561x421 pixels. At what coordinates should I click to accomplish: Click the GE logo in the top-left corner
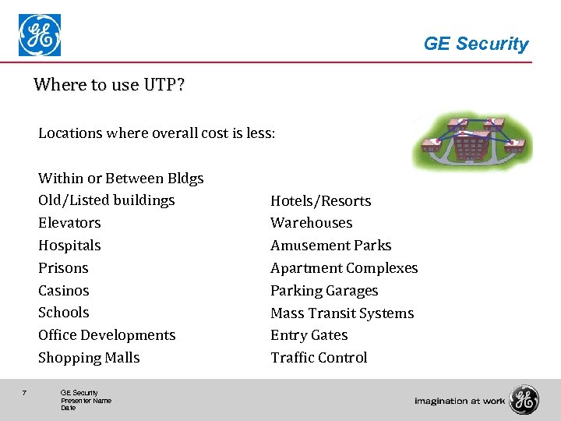point(40,36)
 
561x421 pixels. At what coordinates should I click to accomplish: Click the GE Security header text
point(475,44)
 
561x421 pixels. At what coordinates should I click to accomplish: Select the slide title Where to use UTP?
point(109,84)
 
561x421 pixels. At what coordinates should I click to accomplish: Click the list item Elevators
point(69,223)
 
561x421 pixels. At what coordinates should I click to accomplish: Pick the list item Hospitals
point(69,246)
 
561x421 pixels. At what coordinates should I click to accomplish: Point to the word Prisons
point(63,268)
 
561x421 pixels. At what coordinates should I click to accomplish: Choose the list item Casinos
point(64,291)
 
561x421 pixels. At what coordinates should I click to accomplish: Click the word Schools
point(64,313)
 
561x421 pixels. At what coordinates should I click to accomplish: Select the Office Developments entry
point(107,335)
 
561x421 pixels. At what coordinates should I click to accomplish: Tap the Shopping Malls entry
point(89,358)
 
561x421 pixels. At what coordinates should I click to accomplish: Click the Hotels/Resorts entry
point(320,201)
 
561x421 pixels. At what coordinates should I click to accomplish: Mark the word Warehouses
point(311,223)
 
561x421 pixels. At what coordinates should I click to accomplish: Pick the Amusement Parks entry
point(330,246)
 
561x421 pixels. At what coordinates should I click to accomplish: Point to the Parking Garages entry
point(324,291)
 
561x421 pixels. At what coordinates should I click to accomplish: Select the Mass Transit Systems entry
point(342,313)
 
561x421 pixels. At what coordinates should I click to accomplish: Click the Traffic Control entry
point(319,358)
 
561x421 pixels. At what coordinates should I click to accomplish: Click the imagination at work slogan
point(460,401)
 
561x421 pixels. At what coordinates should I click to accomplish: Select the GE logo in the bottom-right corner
point(524,400)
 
